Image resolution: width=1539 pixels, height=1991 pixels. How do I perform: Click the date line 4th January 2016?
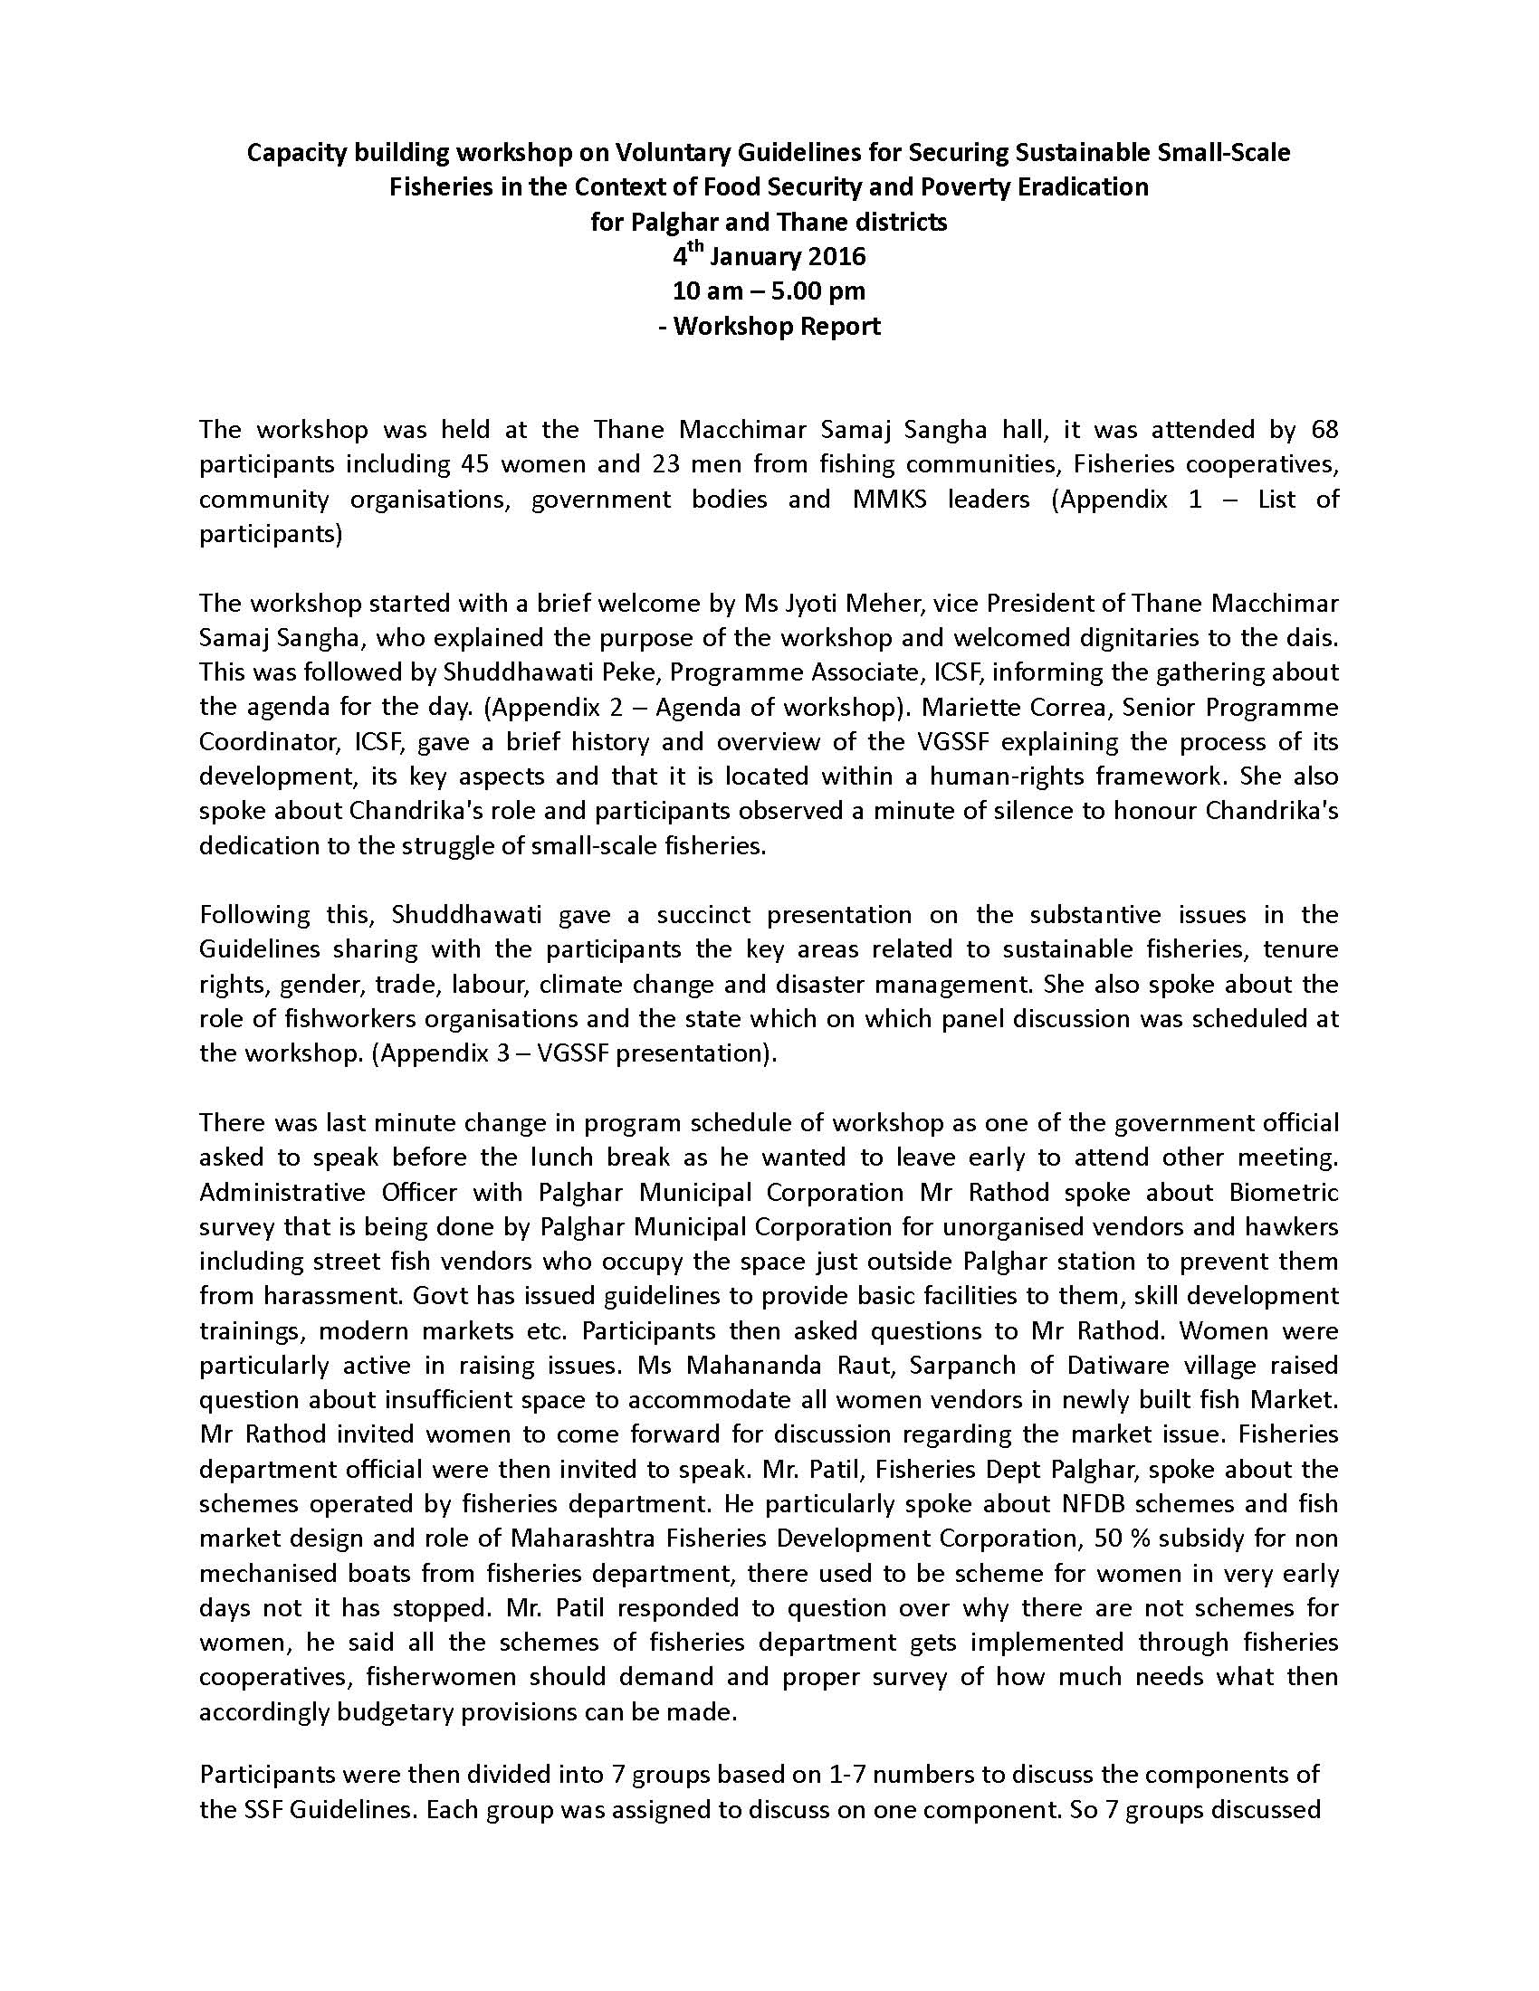(769, 256)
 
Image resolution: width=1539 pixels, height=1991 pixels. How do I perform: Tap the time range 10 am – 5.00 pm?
(769, 291)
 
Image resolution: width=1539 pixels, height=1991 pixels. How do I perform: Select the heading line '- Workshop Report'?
(769, 326)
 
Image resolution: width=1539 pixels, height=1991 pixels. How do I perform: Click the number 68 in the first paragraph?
(1324, 428)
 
